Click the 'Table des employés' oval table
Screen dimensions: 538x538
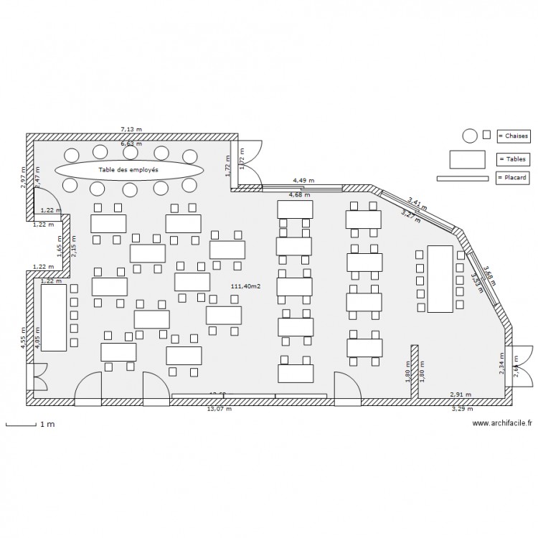click(129, 170)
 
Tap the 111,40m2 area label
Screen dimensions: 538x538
click(245, 286)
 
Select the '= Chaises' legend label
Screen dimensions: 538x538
click(514, 136)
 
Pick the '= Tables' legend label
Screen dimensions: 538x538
click(512, 159)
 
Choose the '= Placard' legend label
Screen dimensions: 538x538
click(514, 178)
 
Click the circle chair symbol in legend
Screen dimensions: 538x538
click(470, 136)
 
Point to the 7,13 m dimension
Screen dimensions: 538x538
click(131, 130)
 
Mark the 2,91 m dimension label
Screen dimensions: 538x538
click(461, 395)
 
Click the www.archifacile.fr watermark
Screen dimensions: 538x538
click(502, 424)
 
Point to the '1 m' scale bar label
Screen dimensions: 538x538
click(47, 425)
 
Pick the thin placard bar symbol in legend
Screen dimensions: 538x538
click(463, 178)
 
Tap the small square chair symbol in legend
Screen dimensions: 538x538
click(486, 134)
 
